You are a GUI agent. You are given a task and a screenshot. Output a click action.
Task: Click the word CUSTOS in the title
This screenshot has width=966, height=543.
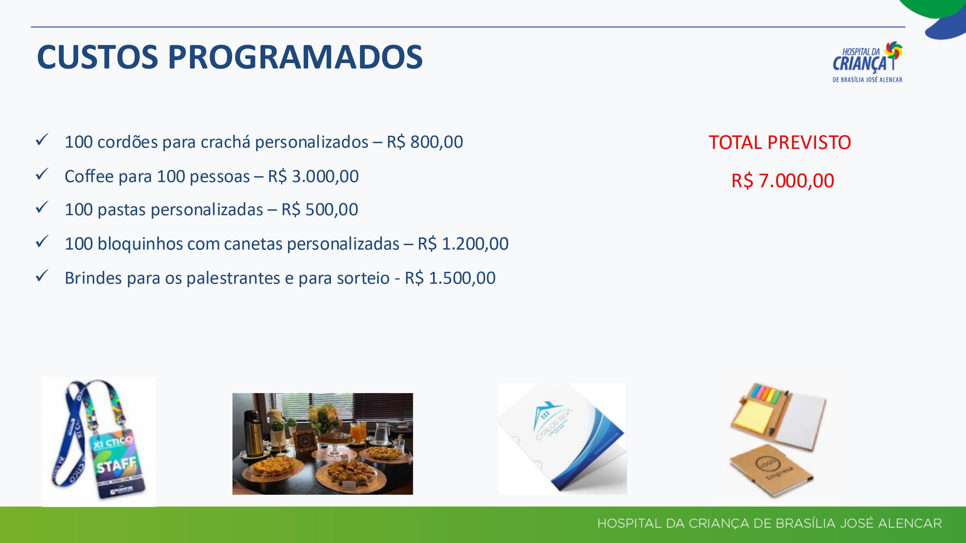pyautogui.click(x=98, y=57)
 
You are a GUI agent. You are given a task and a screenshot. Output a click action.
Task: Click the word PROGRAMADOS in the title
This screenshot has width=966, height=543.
pyautogui.click(x=296, y=57)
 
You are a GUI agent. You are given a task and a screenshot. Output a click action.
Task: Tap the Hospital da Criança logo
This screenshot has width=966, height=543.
pyautogui.click(x=867, y=62)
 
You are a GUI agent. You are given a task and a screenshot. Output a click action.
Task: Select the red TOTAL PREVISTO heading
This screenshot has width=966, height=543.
pyautogui.click(x=780, y=143)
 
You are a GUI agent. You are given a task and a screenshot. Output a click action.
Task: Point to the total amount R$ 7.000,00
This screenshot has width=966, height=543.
pyautogui.click(x=783, y=181)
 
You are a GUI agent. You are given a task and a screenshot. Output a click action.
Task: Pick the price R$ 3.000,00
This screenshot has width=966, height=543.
pyautogui.click(x=313, y=176)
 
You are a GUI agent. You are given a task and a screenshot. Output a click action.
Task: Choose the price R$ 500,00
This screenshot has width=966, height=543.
pyautogui.click(x=319, y=209)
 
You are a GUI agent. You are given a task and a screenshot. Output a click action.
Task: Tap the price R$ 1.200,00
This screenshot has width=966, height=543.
pyautogui.click(x=463, y=244)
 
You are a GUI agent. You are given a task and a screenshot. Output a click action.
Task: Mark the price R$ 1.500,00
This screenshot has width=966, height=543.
pyautogui.click(x=450, y=278)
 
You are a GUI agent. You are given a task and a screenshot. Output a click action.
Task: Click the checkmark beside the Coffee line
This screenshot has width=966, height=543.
pyautogui.click(x=42, y=174)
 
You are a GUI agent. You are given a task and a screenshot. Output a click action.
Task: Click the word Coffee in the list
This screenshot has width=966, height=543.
pyautogui.click(x=89, y=176)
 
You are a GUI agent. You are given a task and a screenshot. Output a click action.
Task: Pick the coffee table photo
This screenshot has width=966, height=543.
pyautogui.click(x=323, y=444)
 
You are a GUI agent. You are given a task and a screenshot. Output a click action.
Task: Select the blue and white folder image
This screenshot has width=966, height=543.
pyautogui.click(x=562, y=438)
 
